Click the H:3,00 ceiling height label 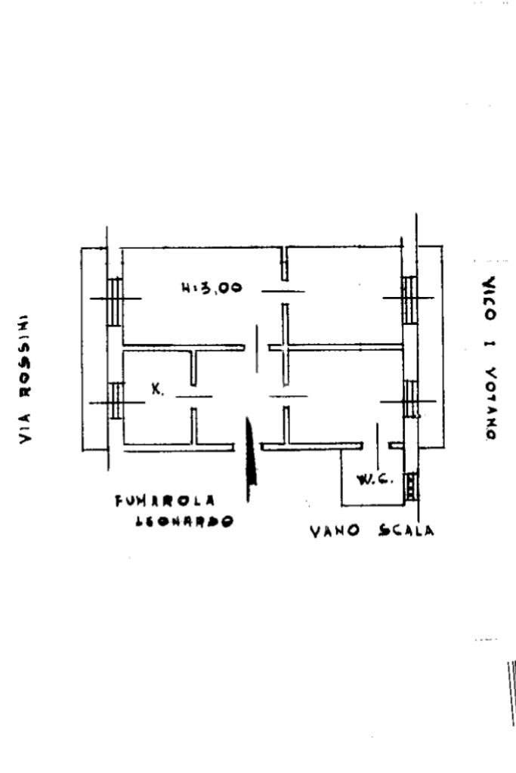(212, 287)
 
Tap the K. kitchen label (157, 390)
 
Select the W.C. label (373, 479)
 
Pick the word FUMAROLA (165, 500)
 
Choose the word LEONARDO (184, 521)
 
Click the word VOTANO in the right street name (490, 404)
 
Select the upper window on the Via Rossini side (114, 299)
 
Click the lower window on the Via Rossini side (116, 401)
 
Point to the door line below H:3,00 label (283, 291)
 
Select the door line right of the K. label (194, 396)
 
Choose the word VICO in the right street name (490, 291)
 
